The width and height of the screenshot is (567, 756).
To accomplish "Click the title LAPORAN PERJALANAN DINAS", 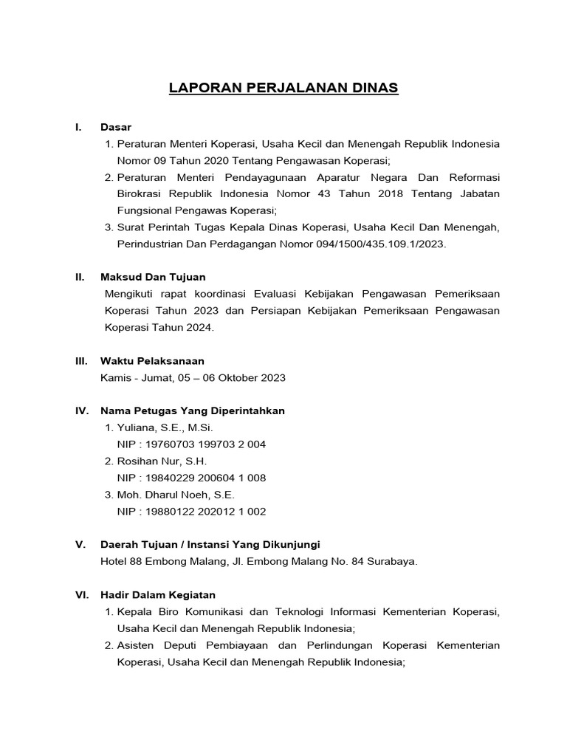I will click(283, 88).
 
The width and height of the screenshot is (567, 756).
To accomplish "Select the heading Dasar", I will click(116, 127).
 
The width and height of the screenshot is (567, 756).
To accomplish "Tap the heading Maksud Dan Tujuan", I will click(153, 277).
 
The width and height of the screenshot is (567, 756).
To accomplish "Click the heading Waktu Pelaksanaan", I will click(152, 360).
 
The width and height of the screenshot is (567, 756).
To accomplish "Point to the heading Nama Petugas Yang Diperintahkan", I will click(192, 410).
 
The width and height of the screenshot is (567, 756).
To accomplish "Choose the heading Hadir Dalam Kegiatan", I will click(158, 594).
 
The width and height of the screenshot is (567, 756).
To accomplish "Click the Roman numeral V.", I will click(80, 544).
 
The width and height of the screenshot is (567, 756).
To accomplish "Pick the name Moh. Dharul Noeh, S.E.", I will click(175, 495).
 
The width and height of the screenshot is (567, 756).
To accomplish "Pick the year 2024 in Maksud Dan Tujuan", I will click(199, 327).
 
